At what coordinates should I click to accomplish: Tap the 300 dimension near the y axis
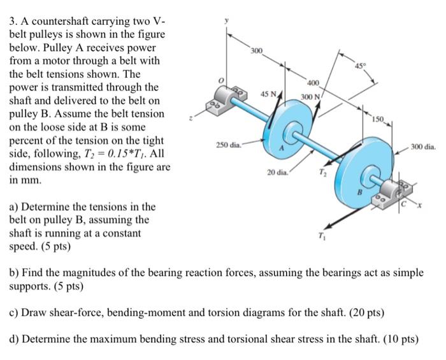[255, 50]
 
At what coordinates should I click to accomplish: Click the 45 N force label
[269, 94]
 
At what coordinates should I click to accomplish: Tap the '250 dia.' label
[228, 146]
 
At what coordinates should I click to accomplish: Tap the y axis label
[225, 20]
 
